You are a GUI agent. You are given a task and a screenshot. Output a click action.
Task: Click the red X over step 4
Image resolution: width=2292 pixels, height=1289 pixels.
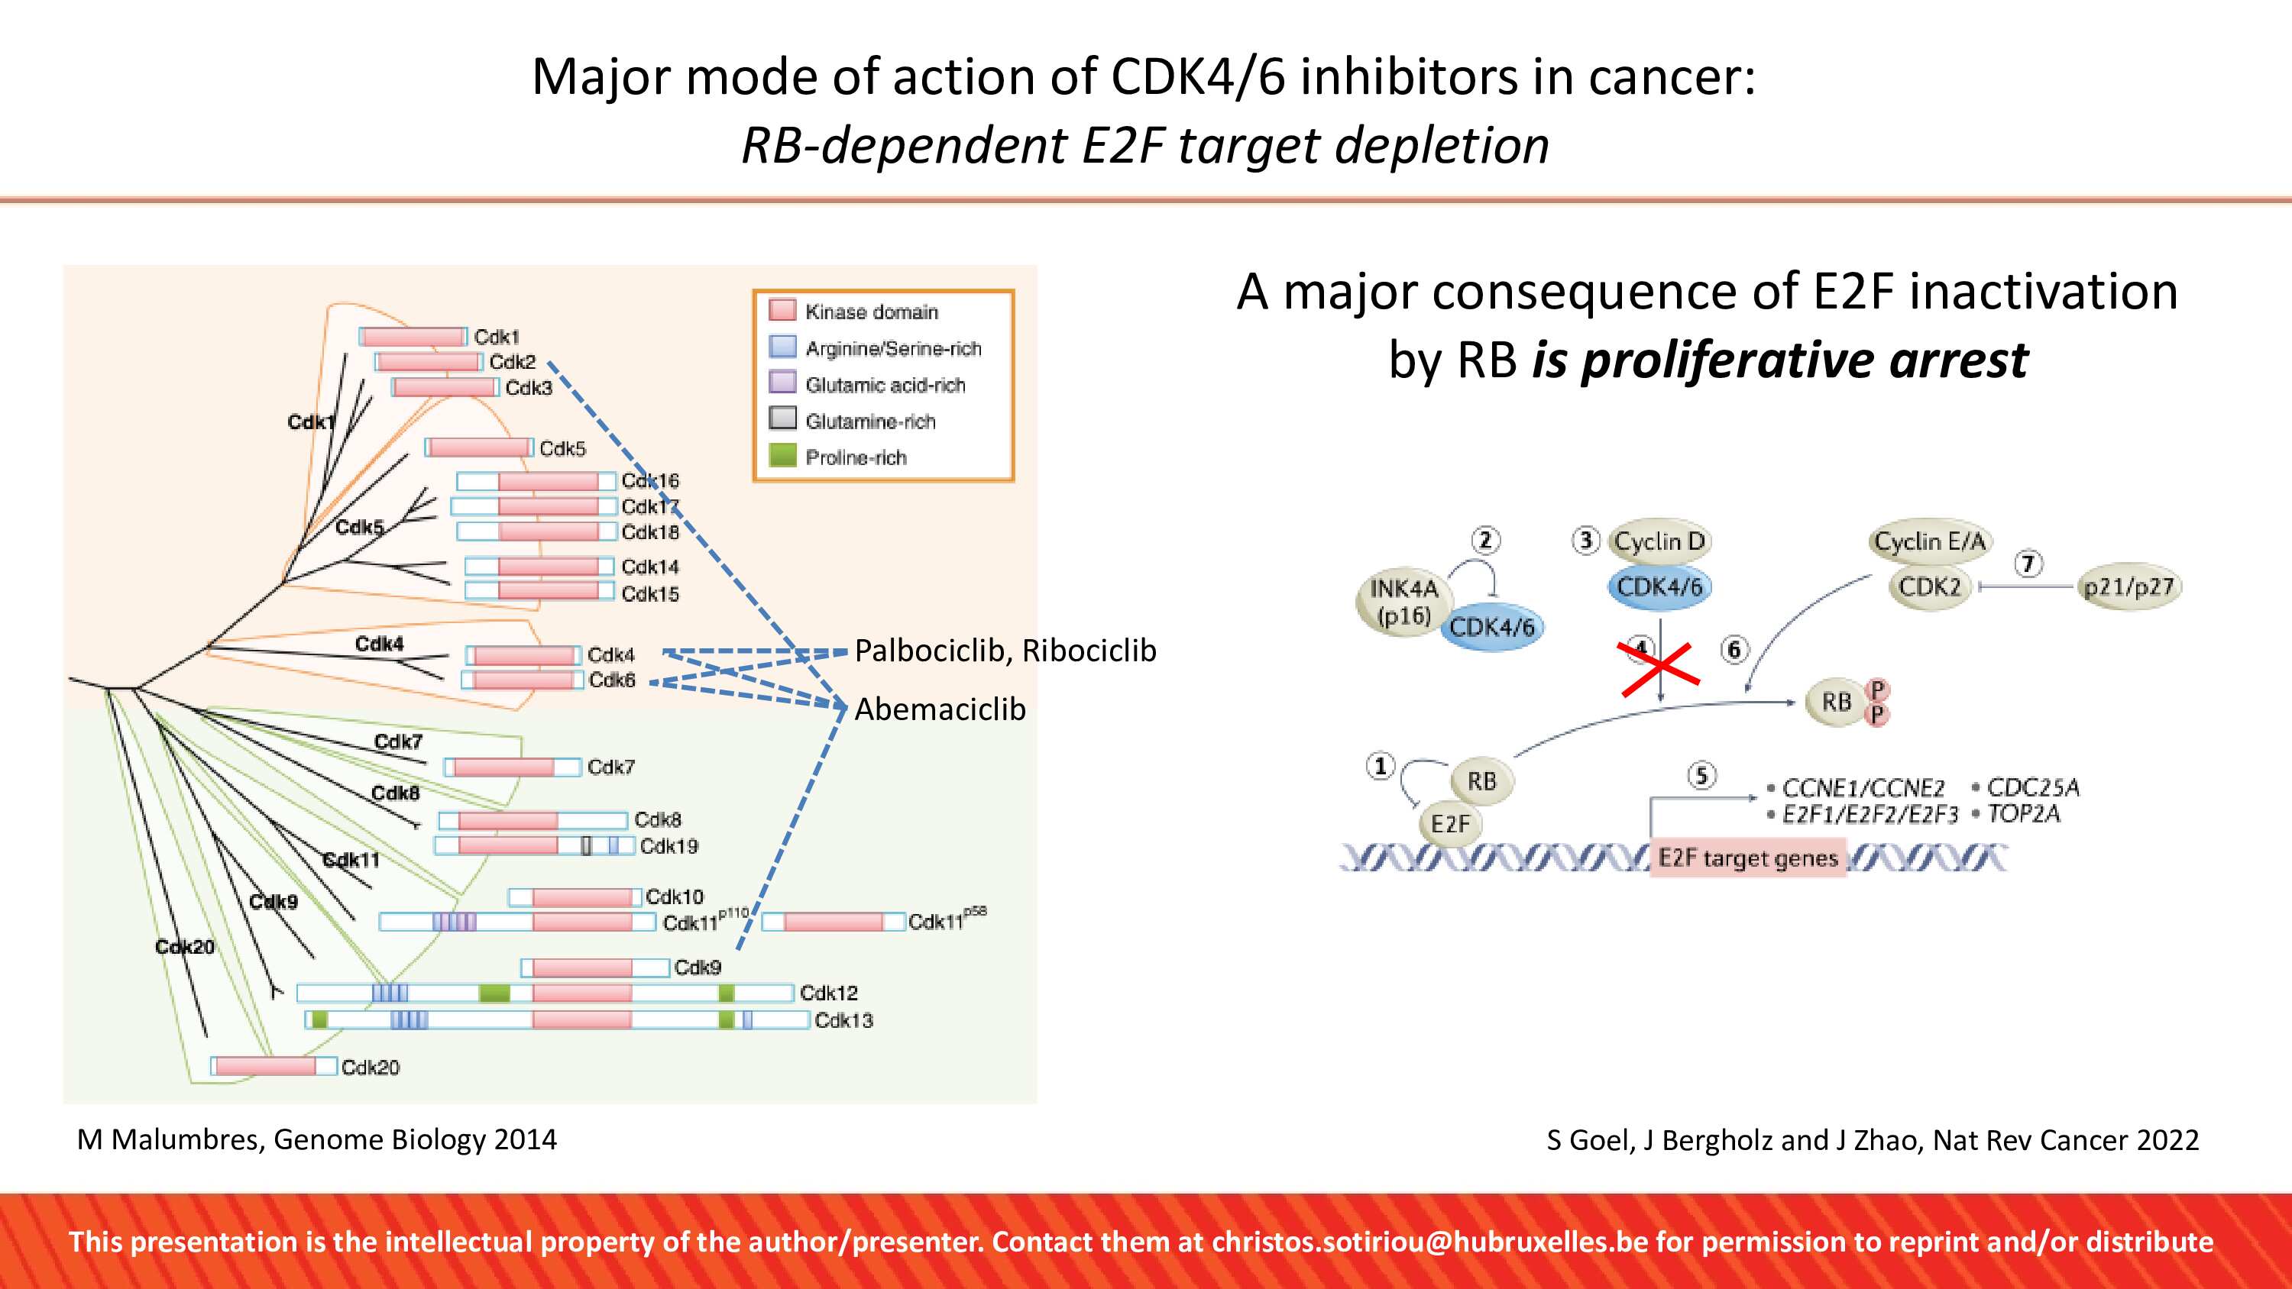[x=1660, y=669]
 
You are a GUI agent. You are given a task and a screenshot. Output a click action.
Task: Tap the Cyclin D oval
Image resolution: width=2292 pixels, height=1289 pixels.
[x=1659, y=541]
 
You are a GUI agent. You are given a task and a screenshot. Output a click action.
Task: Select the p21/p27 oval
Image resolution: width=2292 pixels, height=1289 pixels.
[x=2129, y=587]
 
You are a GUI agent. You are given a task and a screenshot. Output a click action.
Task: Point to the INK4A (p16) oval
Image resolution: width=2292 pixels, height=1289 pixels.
[x=1404, y=603]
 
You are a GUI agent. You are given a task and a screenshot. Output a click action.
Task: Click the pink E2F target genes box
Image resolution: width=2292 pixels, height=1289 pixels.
[x=1747, y=858]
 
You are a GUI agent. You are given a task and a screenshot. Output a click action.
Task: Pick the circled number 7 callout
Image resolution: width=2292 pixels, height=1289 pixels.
[x=2028, y=563]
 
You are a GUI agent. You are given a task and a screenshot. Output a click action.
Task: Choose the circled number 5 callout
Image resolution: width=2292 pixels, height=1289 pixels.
[x=1701, y=776]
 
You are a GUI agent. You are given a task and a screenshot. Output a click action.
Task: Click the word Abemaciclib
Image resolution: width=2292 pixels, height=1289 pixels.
[x=940, y=709]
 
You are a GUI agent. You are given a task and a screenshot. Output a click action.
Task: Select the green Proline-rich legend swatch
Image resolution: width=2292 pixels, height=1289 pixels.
[x=782, y=454]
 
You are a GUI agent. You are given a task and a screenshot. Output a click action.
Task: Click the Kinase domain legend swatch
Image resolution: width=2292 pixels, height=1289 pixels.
[x=782, y=309]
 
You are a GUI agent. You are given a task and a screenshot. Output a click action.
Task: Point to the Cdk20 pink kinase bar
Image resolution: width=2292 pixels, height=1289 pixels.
[x=265, y=1066]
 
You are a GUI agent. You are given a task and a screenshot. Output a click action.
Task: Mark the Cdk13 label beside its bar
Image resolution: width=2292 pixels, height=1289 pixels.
[x=843, y=1020]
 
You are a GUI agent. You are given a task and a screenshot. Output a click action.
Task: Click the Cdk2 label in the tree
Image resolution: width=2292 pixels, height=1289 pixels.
[x=513, y=362]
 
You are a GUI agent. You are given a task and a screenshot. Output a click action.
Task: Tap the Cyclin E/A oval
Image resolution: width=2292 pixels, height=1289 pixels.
[x=1929, y=541]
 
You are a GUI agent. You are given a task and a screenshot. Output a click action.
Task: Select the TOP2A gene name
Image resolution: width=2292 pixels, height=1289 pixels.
[x=2023, y=814]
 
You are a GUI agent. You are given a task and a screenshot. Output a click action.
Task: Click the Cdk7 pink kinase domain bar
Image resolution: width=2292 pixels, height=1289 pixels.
[x=503, y=767]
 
